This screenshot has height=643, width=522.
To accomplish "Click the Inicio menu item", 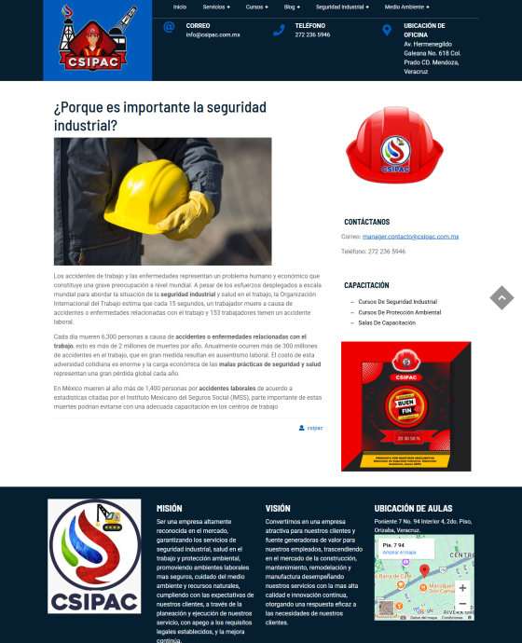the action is pyautogui.click(x=180, y=7).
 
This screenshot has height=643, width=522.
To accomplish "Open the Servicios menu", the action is pyautogui.click(x=216, y=7).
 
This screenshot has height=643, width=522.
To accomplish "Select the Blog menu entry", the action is pyautogui.click(x=292, y=7).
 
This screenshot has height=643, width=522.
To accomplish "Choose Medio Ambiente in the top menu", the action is pyautogui.click(x=407, y=7).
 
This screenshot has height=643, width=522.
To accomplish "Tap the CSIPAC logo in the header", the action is pyautogui.click(x=97, y=39).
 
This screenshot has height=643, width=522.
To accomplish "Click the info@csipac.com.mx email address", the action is pyautogui.click(x=213, y=34).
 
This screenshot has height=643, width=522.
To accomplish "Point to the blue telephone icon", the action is pyautogui.click(x=278, y=30).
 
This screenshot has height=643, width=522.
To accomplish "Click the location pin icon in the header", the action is pyautogui.click(x=386, y=30).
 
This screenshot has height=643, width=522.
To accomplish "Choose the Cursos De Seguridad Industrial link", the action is pyautogui.click(x=397, y=302).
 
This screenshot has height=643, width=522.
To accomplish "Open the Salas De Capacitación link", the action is pyautogui.click(x=387, y=322).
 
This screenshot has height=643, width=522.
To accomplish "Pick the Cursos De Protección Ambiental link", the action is pyautogui.click(x=400, y=312).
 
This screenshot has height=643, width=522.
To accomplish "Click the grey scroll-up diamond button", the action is pyautogui.click(x=501, y=297).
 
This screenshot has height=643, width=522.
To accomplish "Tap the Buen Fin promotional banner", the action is pyautogui.click(x=405, y=405).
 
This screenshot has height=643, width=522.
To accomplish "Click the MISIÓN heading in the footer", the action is pyautogui.click(x=170, y=508).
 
